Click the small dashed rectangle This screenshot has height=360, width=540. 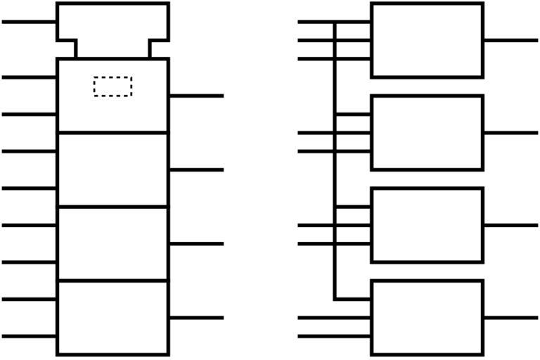pos(112,86)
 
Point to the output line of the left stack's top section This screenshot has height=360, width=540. pos(196,96)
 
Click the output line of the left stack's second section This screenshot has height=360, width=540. pos(196,169)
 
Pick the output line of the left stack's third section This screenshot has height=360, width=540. pos(196,243)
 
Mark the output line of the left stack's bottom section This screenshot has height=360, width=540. pos(196,318)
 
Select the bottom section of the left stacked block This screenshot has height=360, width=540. pos(112,318)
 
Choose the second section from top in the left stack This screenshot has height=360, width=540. pos(112,169)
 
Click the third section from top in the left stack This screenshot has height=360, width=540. pos(112,243)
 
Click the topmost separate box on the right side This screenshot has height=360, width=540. pos(427,40)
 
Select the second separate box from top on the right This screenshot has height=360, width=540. pos(427,132)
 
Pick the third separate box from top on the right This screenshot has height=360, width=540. pos(427,225)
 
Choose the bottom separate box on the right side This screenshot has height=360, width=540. pos(427,318)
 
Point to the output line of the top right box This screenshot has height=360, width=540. pos(510,40)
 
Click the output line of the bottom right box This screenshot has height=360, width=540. pos(510,318)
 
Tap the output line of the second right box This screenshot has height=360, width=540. pos(510,132)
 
